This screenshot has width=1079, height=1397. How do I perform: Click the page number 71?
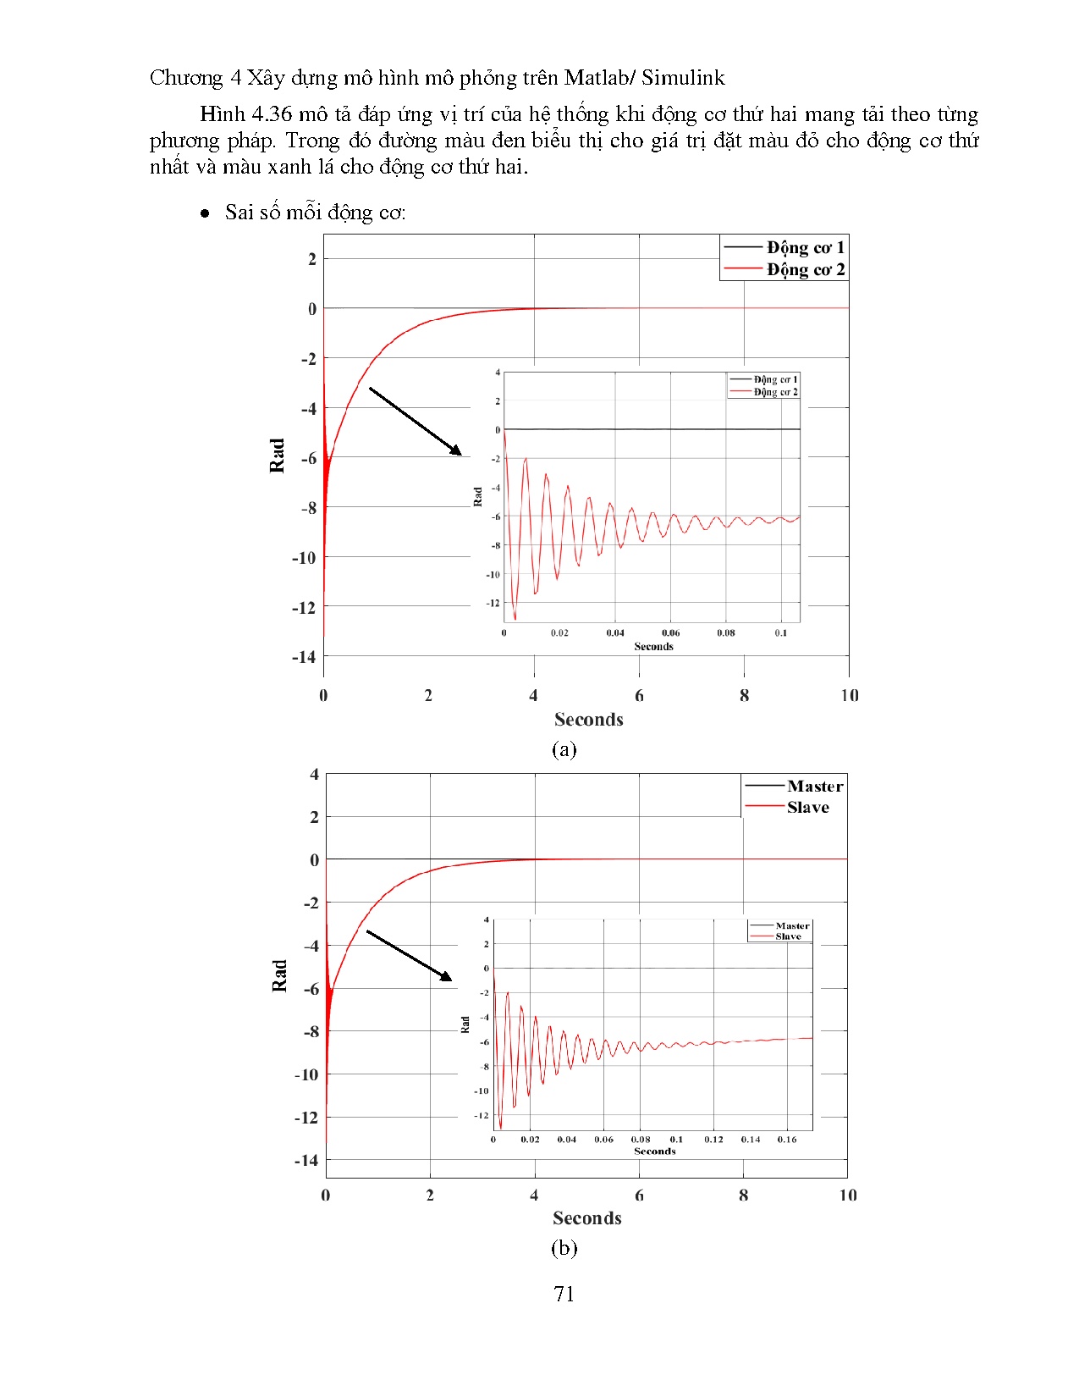click(564, 1294)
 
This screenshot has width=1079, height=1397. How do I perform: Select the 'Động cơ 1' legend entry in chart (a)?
click(804, 247)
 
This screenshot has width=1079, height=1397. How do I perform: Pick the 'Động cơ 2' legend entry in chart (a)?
click(804, 269)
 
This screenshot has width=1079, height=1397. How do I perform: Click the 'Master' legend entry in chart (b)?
click(814, 786)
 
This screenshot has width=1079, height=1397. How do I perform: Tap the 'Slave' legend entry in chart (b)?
click(807, 807)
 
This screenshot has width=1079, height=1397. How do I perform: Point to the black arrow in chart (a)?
click(416, 421)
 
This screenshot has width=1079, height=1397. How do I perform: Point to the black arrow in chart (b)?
click(409, 956)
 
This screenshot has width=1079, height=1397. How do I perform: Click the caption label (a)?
click(564, 749)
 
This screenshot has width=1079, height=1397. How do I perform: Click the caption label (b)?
click(564, 1248)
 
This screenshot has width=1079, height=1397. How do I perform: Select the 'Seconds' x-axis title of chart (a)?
click(588, 720)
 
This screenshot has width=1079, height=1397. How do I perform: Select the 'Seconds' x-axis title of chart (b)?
click(586, 1218)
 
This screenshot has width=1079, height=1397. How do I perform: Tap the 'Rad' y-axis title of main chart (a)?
click(277, 456)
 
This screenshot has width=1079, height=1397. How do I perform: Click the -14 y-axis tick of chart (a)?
click(304, 657)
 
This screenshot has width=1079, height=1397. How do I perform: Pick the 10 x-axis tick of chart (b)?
click(848, 1195)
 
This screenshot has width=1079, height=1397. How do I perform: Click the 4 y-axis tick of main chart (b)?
click(314, 774)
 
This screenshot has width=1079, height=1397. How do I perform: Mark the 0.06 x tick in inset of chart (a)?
click(670, 632)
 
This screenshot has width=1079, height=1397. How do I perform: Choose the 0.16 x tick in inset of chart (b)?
click(787, 1140)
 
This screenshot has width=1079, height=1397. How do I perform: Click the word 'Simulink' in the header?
click(683, 78)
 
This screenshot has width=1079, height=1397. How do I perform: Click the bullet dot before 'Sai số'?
click(205, 213)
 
